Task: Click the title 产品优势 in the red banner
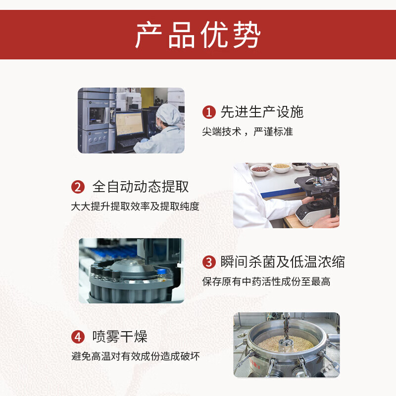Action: coord(198,35)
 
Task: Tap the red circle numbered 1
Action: coord(209,112)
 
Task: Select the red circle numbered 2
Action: coord(78,187)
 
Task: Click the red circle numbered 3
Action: coord(209,262)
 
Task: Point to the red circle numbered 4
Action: coord(78,337)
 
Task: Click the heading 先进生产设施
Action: coord(262,112)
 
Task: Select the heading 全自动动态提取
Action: coord(141,187)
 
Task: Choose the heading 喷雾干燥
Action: coord(120,337)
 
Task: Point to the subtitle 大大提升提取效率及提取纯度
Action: coord(135,206)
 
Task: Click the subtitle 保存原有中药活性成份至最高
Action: coord(266,282)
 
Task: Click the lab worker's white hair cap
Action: coord(168,113)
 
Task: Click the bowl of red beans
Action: coord(260,169)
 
